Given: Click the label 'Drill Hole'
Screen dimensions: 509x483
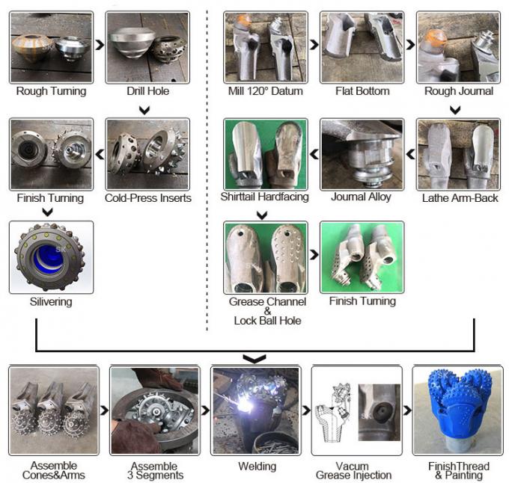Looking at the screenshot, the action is (x=147, y=91).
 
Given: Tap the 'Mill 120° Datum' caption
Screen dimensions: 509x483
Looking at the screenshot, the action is (x=265, y=91).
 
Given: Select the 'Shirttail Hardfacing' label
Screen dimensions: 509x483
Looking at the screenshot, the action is (x=264, y=197).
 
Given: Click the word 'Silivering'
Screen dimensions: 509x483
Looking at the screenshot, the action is (x=51, y=302).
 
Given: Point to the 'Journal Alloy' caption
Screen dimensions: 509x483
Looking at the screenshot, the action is (x=361, y=197).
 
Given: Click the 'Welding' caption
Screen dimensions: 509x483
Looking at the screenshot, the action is (x=257, y=467).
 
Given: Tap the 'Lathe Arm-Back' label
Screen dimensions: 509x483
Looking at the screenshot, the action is (x=460, y=198).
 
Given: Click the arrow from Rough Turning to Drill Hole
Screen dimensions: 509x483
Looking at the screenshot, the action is (x=100, y=45).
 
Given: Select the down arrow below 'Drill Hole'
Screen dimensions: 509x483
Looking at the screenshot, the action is (x=144, y=110).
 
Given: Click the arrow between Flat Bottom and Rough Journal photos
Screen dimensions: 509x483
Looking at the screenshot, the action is (x=410, y=45).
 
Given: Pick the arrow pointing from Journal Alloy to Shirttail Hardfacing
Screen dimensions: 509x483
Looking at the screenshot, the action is (x=314, y=154).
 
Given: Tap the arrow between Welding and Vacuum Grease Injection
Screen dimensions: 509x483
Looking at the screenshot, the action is (x=306, y=410).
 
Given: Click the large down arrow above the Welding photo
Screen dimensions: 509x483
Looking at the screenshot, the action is (x=254, y=359).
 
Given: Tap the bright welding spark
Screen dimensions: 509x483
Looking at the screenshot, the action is (x=243, y=403).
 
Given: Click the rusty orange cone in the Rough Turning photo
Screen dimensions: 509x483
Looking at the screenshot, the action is (x=31, y=47).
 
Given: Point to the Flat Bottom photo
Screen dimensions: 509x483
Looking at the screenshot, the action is (x=362, y=47).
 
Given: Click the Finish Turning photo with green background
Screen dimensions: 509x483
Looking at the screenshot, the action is (x=362, y=257).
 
